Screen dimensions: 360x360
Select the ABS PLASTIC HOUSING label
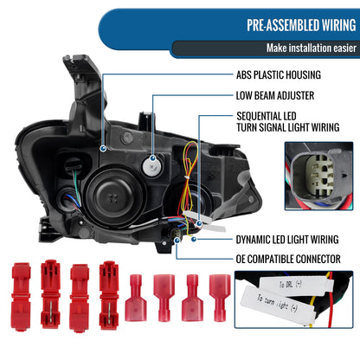coord(272,75)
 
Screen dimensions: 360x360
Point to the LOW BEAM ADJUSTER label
coord(271,97)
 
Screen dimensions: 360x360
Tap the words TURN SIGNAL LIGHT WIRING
coord(292,126)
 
